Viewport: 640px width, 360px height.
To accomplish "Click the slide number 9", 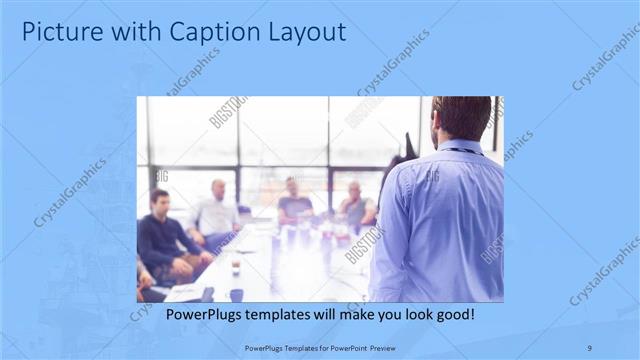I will pos(590,346).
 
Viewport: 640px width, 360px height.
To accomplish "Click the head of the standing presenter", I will pos(461,118).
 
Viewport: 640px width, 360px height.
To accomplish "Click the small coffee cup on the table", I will pos(235,268).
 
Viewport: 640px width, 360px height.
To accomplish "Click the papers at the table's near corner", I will pos(185,292).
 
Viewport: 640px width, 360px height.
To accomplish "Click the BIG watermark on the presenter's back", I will pos(432,177).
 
